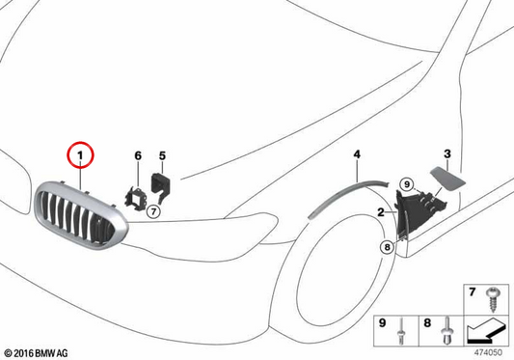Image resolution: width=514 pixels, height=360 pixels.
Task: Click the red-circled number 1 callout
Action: pyautogui.click(x=80, y=154)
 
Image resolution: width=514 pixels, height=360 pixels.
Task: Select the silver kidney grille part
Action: pyautogui.click(x=80, y=214)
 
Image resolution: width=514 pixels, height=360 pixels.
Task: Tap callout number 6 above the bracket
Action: pyautogui.click(x=138, y=155)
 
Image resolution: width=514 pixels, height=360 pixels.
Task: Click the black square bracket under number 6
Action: pyautogui.click(x=135, y=198)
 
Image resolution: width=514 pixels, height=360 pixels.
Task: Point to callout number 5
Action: pyautogui.click(x=162, y=155)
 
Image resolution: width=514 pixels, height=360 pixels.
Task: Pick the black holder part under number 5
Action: pyautogui.click(x=161, y=186)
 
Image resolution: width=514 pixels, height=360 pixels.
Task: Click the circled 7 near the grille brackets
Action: pyautogui.click(x=153, y=211)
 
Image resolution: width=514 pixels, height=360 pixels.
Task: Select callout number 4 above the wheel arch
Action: pyautogui.click(x=357, y=153)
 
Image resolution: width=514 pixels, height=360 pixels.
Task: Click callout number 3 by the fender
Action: pyautogui.click(x=447, y=153)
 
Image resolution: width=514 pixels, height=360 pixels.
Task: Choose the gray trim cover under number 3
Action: pyautogui.click(x=447, y=178)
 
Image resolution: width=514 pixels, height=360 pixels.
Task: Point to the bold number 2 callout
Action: pyautogui.click(x=380, y=212)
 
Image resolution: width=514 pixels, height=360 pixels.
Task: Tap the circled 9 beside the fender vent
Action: pyautogui.click(x=407, y=184)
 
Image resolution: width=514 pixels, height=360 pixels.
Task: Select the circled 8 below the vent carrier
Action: pyautogui.click(x=387, y=247)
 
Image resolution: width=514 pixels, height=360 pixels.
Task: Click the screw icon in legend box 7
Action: pyautogui.click(x=493, y=299)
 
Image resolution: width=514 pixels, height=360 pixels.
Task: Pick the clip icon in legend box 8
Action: pyautogui.click(x=447, y=331)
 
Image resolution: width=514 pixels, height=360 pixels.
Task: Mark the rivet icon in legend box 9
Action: pyautogui.click(x=401, y=331)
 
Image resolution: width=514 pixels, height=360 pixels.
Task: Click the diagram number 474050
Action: pyautogui.click(x=488, y=352)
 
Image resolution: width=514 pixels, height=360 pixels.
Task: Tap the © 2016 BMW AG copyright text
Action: pyautogui.click(x=37, y=353)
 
